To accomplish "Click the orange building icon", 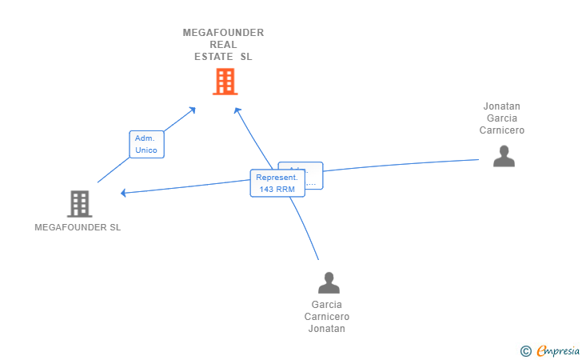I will coord(225,82).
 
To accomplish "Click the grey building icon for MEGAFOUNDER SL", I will coord(79,204).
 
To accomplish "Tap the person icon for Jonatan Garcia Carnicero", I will coord(504,156).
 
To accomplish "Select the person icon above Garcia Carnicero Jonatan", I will coord(329,282).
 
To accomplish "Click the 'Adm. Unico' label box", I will coord(146,144).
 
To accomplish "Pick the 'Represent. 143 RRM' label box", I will coord(277,183).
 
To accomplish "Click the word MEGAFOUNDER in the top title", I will coord(223,33).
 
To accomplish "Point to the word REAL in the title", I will coord(223,45).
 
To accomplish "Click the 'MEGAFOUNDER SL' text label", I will coord(78,227).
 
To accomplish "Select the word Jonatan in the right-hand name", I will coord(502,106).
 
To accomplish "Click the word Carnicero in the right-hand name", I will coord(502,130).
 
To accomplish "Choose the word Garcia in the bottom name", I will coord(327,305).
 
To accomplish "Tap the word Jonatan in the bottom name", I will coord(327,329).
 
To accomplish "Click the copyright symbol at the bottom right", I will coord(525,350).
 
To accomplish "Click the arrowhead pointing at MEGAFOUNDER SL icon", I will coord(123,193).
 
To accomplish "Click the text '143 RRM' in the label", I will coord(277,190).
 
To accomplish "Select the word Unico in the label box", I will coord(146,150).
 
